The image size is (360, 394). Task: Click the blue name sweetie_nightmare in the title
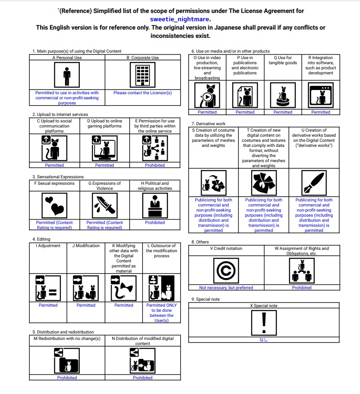click(180, 19)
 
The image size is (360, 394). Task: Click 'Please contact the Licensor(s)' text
click(143, 93)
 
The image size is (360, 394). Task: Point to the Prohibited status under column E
click(155, 165)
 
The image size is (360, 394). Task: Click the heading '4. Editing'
click(41, 239)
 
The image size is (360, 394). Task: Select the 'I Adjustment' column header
click(48, 246)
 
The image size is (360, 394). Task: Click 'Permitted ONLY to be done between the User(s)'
click(162, 313)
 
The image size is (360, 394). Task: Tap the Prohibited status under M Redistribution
click(67, 377)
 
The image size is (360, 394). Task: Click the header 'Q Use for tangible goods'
click(283, 61)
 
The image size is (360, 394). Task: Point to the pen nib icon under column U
click(314, 182)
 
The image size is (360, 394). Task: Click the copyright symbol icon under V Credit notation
click(226, 270)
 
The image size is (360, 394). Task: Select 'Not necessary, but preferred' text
click(226, 288)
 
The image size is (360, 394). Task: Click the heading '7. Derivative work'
click(208, 124)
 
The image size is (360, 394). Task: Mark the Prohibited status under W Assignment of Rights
click(302, 288)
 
